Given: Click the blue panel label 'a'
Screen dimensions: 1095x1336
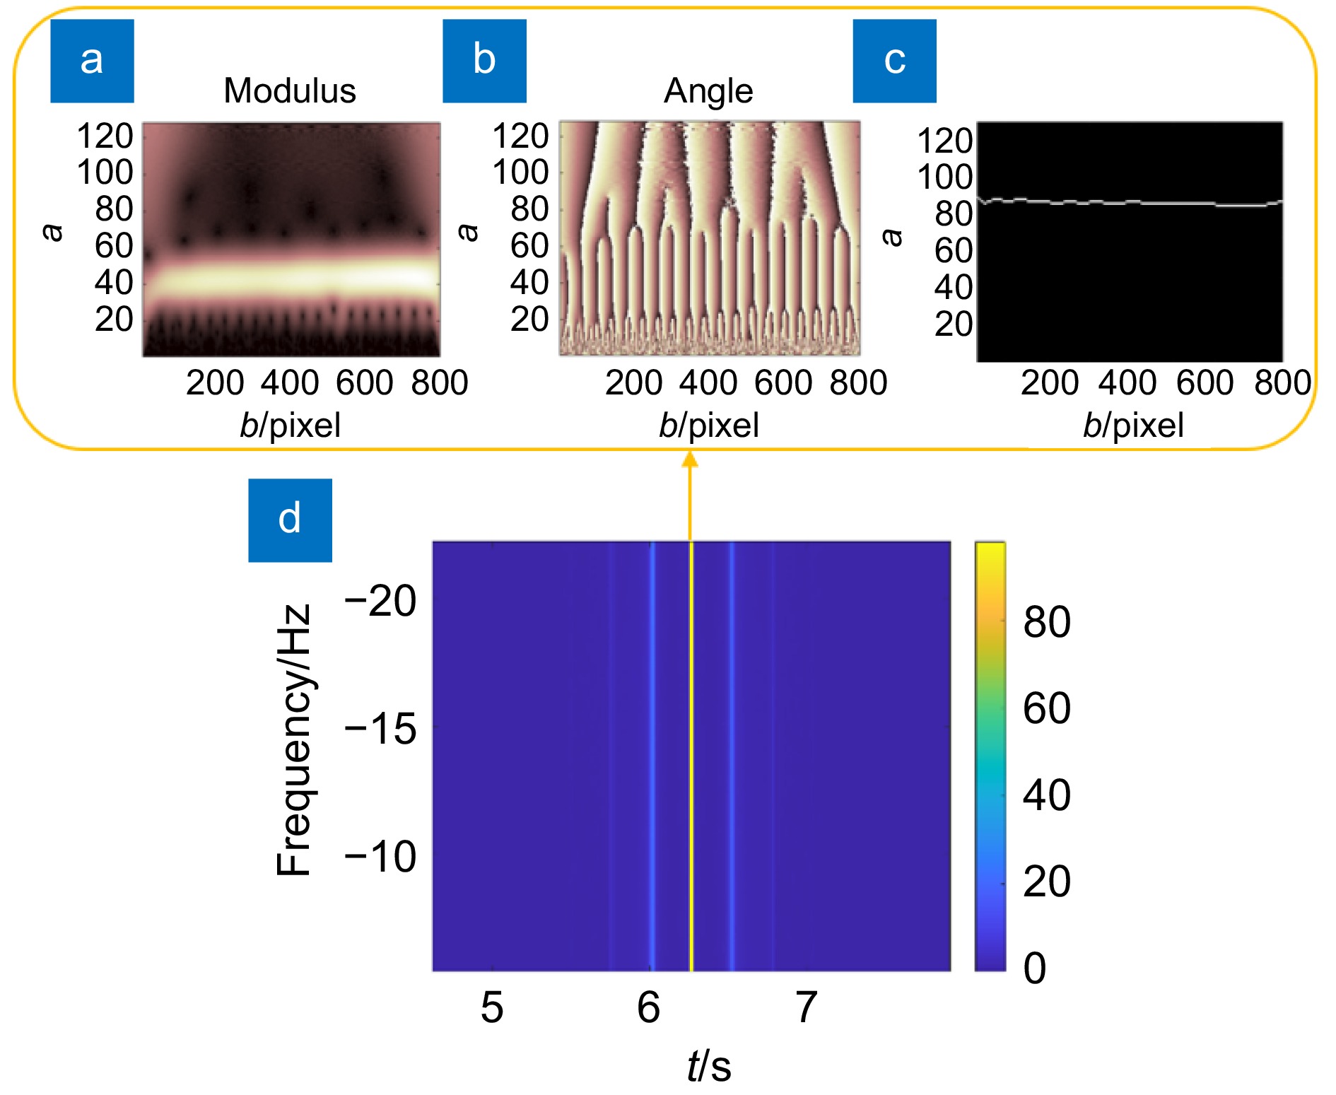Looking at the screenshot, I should pos(92,61).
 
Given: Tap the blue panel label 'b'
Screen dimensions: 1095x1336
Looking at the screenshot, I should pos(484,61).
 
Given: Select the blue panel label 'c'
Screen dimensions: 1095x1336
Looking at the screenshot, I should pos(894,61).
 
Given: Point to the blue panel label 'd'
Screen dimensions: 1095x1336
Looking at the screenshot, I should pos(290,520).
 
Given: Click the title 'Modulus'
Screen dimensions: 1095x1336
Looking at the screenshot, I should pos(290,91).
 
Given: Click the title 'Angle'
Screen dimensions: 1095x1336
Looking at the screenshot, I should pos(708,91).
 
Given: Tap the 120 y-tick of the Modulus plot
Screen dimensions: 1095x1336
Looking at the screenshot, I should pos(105,136).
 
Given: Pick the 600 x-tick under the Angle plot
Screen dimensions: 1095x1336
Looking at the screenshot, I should pos(783,382).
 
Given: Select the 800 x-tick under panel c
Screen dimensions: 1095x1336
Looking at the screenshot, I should pos(1282,382).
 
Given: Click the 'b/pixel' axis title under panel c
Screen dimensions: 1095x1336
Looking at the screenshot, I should pos(1133,426).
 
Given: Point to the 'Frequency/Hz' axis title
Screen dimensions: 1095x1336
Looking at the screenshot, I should pos(293,740).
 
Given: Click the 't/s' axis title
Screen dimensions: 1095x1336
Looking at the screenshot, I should pos(709,1065).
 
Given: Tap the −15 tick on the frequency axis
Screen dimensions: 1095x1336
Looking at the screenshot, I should pos(380,729).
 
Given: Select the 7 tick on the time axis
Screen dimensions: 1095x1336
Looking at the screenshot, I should pos(806,1007).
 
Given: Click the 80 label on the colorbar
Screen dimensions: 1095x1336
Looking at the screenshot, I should pos(1047,622).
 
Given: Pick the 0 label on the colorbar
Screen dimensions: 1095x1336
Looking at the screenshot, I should pos(1035,968).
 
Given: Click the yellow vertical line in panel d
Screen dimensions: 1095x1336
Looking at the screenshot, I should pos(691,756).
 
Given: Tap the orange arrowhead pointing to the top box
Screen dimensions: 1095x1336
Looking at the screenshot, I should pos(690,460).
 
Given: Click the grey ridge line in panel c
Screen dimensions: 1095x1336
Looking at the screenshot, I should pos(1131,203).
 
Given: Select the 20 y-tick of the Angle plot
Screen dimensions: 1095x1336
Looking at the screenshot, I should pos(529,320).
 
